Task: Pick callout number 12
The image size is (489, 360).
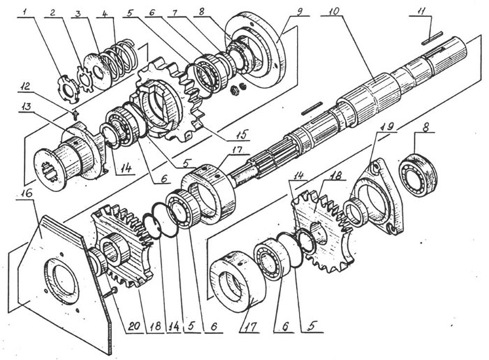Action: [27, 86]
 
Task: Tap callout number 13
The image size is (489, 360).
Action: [27, 107]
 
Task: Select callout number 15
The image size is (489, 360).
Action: [240, 134]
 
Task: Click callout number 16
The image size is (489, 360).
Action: [26, 193]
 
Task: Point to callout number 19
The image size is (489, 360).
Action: [386, 126]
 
